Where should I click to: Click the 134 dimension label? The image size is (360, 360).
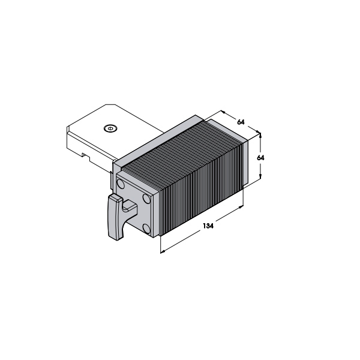[x=208, y=226]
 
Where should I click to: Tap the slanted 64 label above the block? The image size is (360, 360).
[x=241, y=122]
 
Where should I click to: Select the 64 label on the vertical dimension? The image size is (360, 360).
[x=260, y=158]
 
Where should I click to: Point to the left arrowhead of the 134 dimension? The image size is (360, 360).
[x=163, y=252]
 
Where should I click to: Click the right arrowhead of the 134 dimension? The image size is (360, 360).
[x=241, y=207]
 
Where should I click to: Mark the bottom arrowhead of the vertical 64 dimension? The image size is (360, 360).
[x=260, y=176]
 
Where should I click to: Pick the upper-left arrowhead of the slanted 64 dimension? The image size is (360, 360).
[x=223, y=112]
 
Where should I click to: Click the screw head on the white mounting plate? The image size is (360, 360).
[x=110, y=128]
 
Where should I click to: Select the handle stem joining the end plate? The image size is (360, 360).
[x=130, y=206]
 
